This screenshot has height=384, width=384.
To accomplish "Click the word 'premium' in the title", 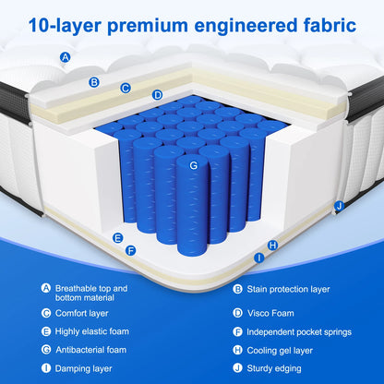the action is coord(147,27).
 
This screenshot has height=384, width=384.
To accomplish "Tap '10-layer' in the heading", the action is coord(65,25).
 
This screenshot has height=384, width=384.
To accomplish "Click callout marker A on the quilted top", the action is coord(65,57).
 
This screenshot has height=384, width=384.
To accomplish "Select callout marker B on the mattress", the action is coord(94,82).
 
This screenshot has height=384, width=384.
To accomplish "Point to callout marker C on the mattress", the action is coord(126,88).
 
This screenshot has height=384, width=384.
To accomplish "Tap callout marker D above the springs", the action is coord(157,95).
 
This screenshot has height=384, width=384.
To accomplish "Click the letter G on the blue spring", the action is coord(193,165).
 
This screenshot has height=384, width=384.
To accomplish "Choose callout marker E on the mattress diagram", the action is coord(117,238).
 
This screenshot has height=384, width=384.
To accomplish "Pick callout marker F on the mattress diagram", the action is coord(131,251).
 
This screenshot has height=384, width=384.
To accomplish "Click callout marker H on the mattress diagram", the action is coord(272,246).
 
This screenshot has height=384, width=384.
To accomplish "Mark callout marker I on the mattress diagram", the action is coord(259,258).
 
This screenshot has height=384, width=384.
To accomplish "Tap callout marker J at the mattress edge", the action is coord(339,206).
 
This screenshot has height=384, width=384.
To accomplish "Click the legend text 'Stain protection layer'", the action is coord(288,289).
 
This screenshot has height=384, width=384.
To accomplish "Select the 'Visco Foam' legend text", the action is coord(270,313).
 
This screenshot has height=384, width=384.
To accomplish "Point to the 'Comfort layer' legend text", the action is coord(81,313).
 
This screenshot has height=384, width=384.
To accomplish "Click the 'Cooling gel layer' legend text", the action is coord(280,351).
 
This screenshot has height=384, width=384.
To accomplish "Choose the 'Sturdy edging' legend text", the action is coord(274,368).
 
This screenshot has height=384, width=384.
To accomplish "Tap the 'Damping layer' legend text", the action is coord(83,368).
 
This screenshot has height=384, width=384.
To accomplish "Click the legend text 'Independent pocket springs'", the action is coord(299,332).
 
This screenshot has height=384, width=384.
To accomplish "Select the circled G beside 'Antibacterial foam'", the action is coord(46,350).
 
